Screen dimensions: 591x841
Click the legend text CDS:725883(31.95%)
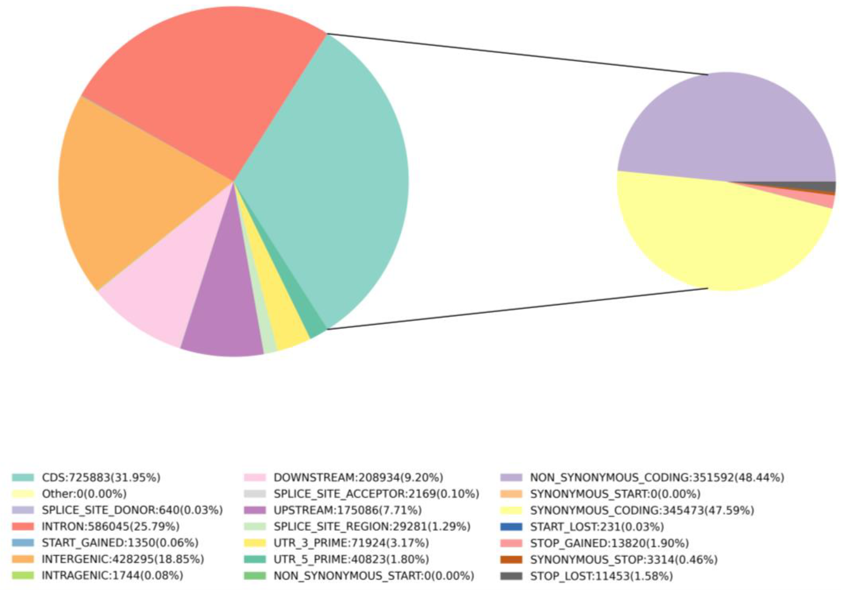pyautogui.click(x=101, y=477)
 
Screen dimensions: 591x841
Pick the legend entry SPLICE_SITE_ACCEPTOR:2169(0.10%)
pyautogui.click(x=376, y=494)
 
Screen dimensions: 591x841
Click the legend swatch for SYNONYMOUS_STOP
pyautogui.click(x=511, y=559)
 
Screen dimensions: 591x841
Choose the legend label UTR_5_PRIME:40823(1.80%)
pyautogui.click(x=351, y=559)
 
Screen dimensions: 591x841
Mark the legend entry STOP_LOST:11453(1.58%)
pyautogui.click(x=602, y=576)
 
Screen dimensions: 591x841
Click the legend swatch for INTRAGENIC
pyautogui.click(x=23, y=576)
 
